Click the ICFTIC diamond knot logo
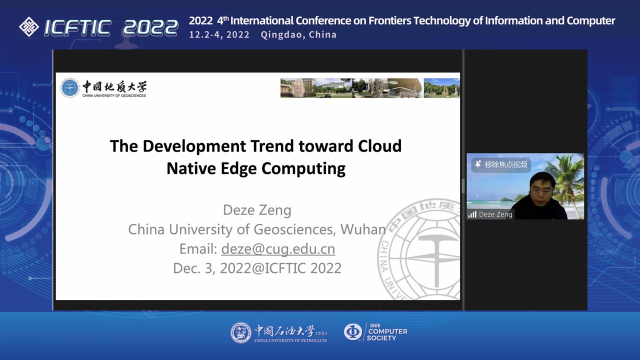pos(29,27)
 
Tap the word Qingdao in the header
pos(281,35)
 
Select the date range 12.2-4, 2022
pos(219,35)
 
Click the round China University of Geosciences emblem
pos(69,87)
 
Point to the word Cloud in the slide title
pos(379,146)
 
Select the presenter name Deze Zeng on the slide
pos(257,210)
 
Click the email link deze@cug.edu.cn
pos(278,249)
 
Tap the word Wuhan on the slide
pos(363,229)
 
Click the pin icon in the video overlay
pos(477,164)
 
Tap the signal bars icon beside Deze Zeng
pos(472,214)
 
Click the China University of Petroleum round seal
pos(241,333)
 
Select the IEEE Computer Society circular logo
pos(353,331)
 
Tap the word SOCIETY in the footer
pos(381,338)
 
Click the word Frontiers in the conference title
pos(389,20)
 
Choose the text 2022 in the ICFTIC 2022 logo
pos(150,28)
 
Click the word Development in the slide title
pos(194,147)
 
